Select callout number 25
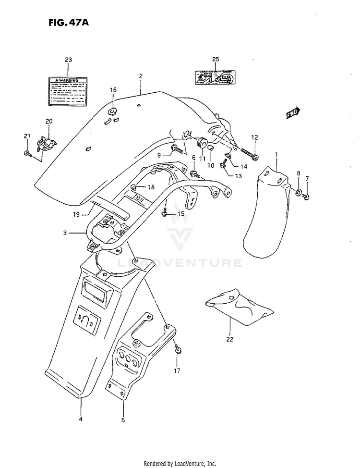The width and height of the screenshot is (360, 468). tap(216, 59)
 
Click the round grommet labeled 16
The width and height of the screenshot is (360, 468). tap(113, 112)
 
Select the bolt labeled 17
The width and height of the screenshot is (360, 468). tap(178, 349)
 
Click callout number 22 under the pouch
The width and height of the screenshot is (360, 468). tap(229, 340)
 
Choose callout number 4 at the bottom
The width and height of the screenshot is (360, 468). tap(81, 419)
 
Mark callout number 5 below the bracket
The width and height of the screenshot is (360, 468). tap(123, 419)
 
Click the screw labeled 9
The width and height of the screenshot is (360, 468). tap(178, 150)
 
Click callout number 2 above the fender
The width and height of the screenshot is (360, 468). tap(141, 76)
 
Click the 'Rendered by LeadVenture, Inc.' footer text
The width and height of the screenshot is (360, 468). tap(180, 463)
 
